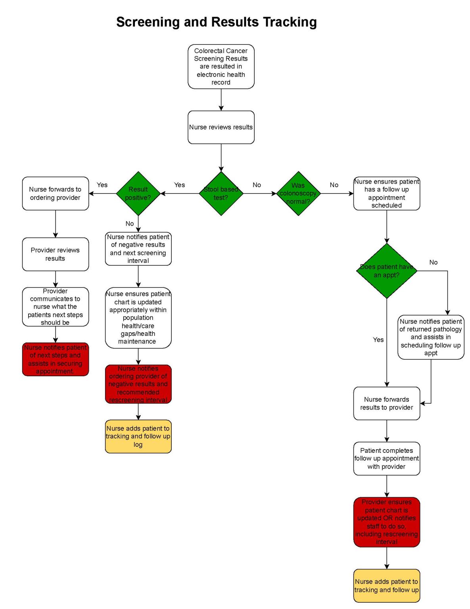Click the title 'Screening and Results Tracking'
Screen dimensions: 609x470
click(x=216, y=22)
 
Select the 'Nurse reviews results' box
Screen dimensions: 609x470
click(x=221, y=127)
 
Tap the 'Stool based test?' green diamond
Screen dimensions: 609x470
click(x=221, y=193)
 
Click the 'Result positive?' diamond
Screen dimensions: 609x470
click(x=138, y=193)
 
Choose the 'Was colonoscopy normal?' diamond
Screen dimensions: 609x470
click(x=298, y=193)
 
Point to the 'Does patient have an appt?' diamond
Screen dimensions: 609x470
click(x=387, y=271)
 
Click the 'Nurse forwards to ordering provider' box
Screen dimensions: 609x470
click(x=55, y=193)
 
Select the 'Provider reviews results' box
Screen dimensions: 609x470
click(x=55, y=254)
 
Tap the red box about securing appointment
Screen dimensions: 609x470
click(x=55, y=359)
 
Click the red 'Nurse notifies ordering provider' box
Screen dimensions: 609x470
click(x=138, y=384)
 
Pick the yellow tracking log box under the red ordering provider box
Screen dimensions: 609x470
click(x=138, y=436)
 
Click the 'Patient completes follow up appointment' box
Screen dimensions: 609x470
click(x=387, y=458)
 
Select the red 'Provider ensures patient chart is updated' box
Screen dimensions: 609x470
click(x=387, y=522)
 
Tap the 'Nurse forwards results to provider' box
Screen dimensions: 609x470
click(x=387, y=403)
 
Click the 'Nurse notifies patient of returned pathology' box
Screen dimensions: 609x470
click(x=431, y=337)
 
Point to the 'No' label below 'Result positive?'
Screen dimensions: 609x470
click(x=130, y=224)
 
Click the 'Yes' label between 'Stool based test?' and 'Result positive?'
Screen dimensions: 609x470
click(x=179, y=185)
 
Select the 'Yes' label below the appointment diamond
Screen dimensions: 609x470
click(x=378, y=340)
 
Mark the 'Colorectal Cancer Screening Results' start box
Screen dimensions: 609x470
click(x=221, y=67)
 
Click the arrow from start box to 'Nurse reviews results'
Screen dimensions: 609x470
click(x=221, y=100)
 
